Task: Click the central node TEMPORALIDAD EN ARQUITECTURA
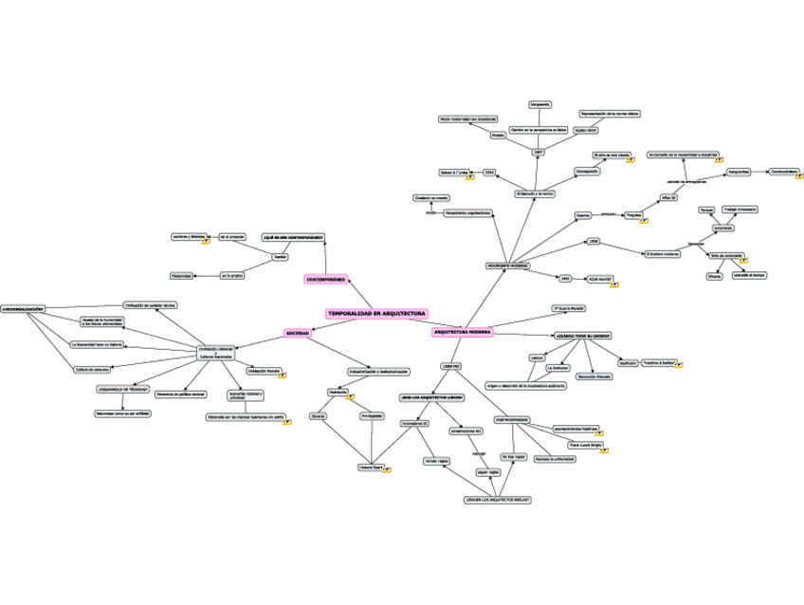[x=376, y=313]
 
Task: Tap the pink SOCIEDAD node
[x=298, y=333]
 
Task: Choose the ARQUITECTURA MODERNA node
[x=463, y=333]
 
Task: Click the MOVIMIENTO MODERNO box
[x=506, y=266]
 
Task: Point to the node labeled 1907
[x=539, y=152]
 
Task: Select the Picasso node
[x=498, y=136]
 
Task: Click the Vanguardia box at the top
[x=539, y=103]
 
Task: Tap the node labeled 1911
[x=489, y=173]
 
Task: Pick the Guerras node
[x=583, y=215]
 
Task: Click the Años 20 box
[x=667, y=197]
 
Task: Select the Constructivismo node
[x=783, y=172]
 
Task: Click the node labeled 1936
[x=594, y=241]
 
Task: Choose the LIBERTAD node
[x=450, y=365]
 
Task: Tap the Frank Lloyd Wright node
[x=585, y=444]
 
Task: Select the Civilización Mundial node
[x=264, y=371]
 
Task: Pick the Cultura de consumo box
[x=93, y=369]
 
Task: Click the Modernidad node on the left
[x=181, y=276]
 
